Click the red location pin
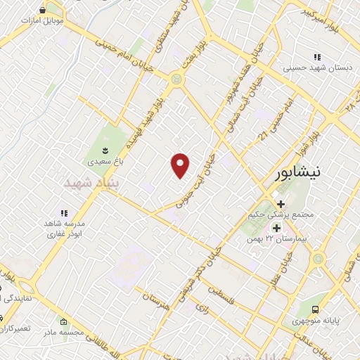pos(181,165)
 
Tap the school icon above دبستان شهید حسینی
pos(316,57)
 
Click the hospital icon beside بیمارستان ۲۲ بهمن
pos(276,228)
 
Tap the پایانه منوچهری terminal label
pos(316,321)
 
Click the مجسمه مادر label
pos(63,331)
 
